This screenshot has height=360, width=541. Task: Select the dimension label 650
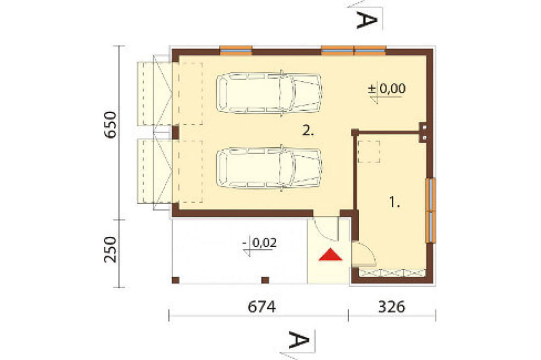point(111,125)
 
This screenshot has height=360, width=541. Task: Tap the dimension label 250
point(111,249)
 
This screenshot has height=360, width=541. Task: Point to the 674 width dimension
point(262,307)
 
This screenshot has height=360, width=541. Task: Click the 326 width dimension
point(391,307)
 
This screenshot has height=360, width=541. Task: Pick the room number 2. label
point(308,131)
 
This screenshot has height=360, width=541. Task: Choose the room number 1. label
point(394,202)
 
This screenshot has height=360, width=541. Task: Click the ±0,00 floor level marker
point(386,89)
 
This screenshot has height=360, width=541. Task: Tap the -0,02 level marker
point(259,243)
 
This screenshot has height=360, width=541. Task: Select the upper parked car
point(269,92)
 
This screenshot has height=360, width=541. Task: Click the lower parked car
point(269,168)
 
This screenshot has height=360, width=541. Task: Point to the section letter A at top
point(367,20)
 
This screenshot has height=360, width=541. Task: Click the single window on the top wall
point(236,50)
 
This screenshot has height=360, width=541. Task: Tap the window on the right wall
point(431,210)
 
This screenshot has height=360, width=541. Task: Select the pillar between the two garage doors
point(175,133)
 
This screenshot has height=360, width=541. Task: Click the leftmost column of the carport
point(175,280)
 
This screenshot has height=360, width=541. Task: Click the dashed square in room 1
point(368,151)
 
